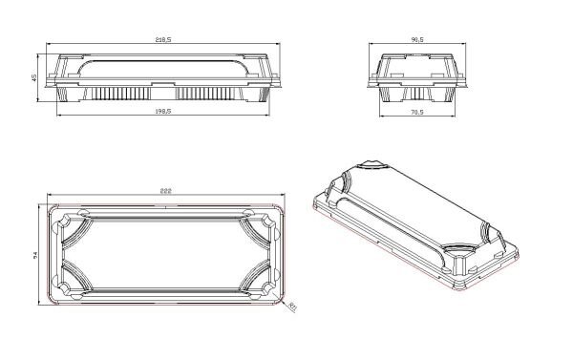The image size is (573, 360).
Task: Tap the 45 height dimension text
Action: tap(35, 78)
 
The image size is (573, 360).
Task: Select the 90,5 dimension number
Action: tap(417, 40)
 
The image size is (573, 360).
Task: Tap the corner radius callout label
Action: tap(293, 307)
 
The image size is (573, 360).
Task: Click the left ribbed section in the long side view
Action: tap(120, 94)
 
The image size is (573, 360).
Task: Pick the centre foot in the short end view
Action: tap(417, 95)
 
